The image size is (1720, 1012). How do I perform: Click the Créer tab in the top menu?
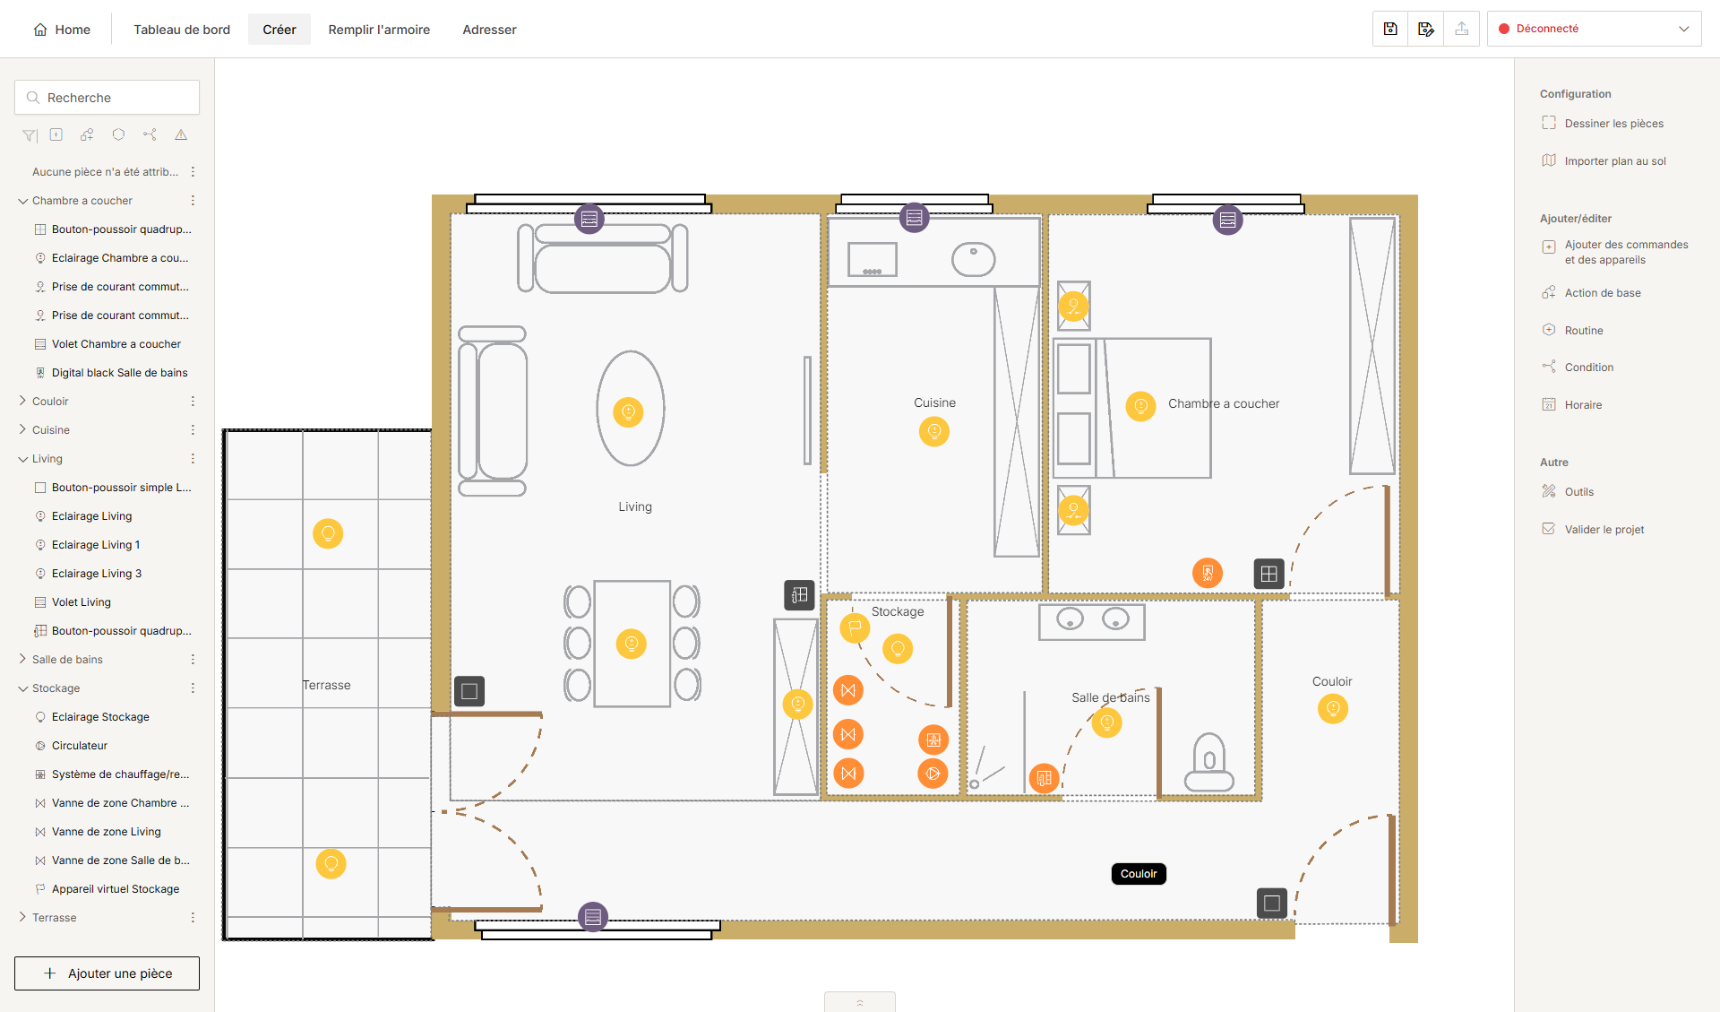[279, 30]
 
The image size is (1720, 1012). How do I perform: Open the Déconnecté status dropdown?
[1594, 29]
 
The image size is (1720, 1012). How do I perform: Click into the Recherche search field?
[107, 98]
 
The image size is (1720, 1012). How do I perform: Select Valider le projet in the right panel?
[1604, 530]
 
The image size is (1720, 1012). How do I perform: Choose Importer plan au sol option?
[1614, 161]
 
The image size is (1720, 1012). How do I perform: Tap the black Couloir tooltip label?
[1139, 874]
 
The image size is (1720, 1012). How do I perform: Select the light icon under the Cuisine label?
[934, 432]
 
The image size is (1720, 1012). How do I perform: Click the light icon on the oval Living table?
[628, 412]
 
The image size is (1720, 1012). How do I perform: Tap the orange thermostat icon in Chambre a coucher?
[1208, 573]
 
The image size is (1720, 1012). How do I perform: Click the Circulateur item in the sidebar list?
[80, 746]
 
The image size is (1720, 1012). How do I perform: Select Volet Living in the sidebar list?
[82, 602]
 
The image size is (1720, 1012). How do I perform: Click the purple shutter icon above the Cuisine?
[914, 217]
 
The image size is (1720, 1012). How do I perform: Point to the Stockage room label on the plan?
[898, 611]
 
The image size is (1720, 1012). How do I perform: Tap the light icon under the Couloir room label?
[1333, 709]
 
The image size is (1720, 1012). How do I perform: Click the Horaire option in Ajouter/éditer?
[1583, 405]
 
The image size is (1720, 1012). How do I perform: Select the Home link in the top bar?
[62, 30]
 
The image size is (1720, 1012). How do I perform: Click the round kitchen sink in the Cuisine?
[974, 260]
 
